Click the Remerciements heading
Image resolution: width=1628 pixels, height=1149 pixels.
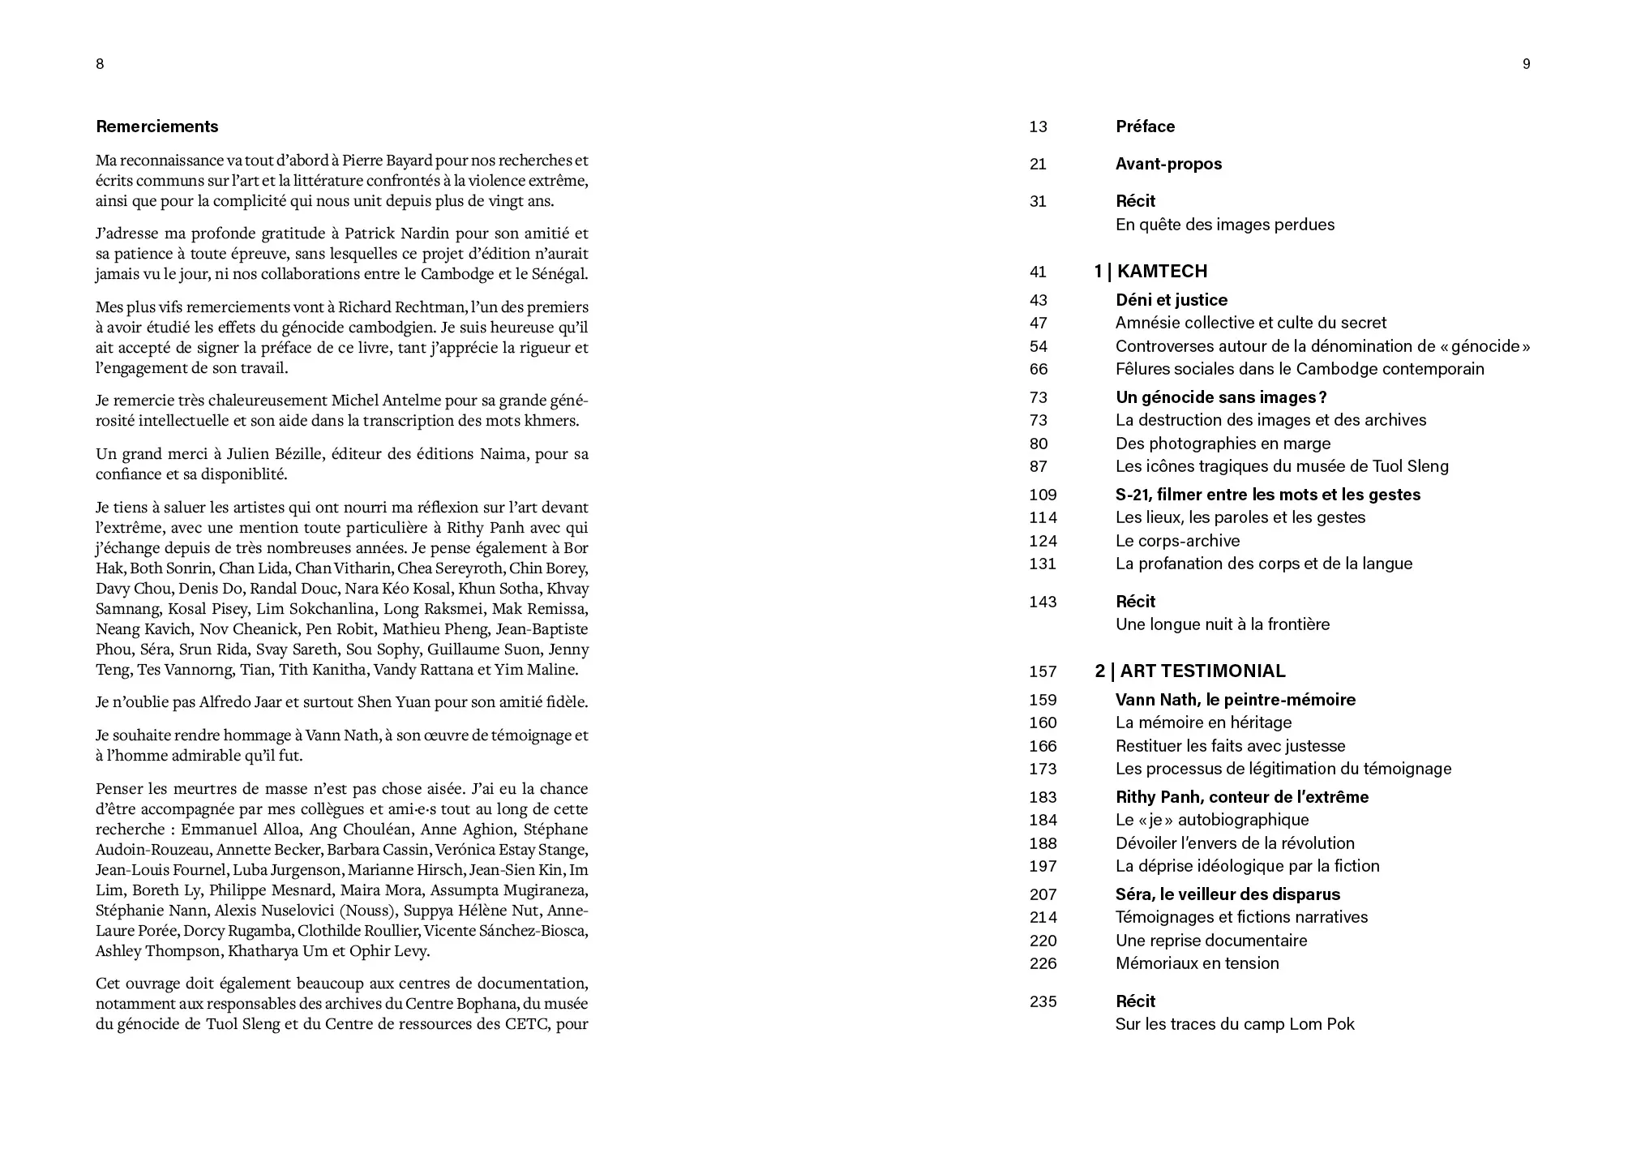click(x=157, y=126)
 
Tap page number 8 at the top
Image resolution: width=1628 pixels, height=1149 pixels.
click(x=100, y=64)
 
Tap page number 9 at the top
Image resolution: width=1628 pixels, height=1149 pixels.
click(x=1526, y=64)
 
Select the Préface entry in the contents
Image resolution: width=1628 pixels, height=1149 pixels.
click(x=1145, y=126)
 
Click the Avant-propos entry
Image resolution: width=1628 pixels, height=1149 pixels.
click(x=1168, y=164)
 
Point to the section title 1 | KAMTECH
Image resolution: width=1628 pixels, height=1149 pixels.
click(x=1150, y=272)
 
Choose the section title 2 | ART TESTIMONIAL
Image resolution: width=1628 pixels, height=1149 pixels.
click(x=1189, y=671)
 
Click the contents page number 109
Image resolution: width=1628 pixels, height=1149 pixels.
click(x=1043, y=495)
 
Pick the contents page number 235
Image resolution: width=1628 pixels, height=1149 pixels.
click(x=1043, y=1001)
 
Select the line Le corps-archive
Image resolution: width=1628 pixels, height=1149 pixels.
click(x=1177, y=541)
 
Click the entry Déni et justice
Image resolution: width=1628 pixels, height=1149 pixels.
click(x=1172, y=300)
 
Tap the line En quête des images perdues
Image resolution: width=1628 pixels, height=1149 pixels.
click(x=1224, y=225)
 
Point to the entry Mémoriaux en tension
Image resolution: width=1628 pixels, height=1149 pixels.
click(x=1197, y=963)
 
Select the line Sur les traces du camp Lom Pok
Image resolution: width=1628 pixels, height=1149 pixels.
click(x=1234, y=1024)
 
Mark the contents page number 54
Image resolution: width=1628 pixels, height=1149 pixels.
click(x=1039, y=346)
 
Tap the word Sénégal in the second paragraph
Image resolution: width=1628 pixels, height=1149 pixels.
click(x=556, y=274)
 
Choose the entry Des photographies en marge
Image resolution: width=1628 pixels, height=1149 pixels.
click(x=1223, y=444)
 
